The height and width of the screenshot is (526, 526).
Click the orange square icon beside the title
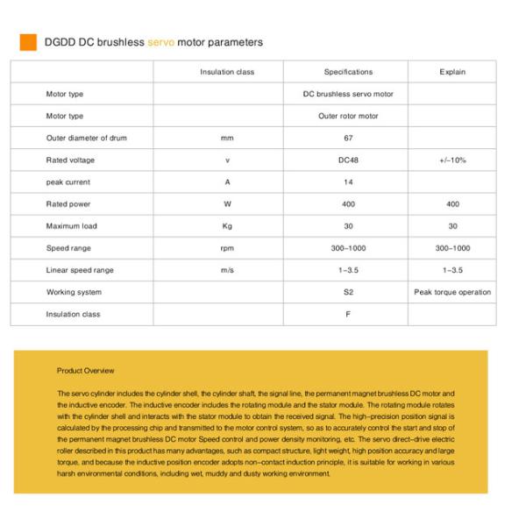[x=28, y=42]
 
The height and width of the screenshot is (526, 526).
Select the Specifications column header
[x=348, y=72]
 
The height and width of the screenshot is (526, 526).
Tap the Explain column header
[x=452, y=72]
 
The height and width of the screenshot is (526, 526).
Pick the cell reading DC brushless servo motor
[x=348, y=94]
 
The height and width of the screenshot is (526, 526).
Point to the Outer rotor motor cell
[x=348, y=116]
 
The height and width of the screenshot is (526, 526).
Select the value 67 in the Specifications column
[x=348, y=138]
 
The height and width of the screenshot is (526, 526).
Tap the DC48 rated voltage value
[x=348, y=160]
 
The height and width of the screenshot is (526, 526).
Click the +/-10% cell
[x=452, y=160]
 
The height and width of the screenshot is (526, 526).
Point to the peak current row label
[x=68, y=182]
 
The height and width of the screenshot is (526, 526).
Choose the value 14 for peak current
[x=348, y=182]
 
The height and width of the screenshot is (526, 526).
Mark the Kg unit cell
[x=227, y=226]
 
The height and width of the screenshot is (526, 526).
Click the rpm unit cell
[x=227, y=248]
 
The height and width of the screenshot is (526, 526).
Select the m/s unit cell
[x=227, y=270]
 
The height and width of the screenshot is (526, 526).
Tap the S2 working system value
[x=348, y=292]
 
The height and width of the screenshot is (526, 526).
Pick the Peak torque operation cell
[x=452, y=292]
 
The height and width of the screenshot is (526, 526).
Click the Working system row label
[x=74, y=292]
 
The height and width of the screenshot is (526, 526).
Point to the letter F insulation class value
[x=348, y=314]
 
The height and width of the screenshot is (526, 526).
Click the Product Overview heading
[x=85, y=371]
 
